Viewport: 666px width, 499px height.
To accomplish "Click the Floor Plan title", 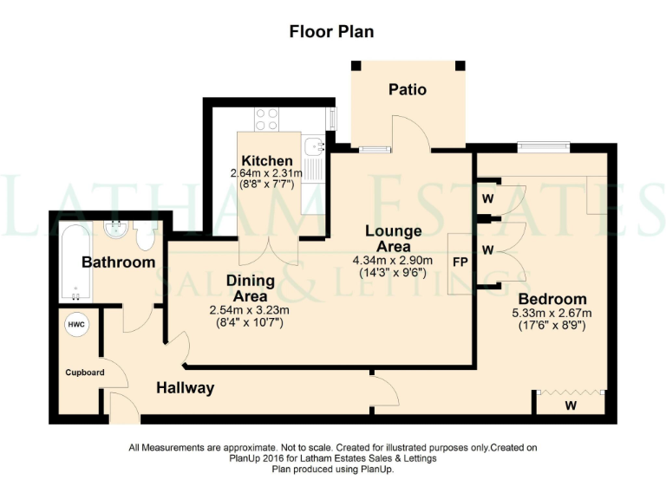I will (332, 32).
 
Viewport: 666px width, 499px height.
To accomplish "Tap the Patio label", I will (408, 89).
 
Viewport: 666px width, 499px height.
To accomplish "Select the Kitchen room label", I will (267, 161).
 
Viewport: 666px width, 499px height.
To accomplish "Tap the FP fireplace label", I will (459, 259).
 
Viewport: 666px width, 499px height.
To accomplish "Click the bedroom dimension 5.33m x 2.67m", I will (551, 314).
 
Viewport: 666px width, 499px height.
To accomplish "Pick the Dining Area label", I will (251, 288).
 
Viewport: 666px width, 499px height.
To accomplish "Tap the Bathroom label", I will (119, 262).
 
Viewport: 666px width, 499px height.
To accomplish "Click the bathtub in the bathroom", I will (75, 262).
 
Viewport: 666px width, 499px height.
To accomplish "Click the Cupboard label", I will (85, 373).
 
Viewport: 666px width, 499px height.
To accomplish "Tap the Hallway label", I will (185, 388).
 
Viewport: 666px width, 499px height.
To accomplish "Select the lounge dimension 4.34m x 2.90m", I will (393, 260).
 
